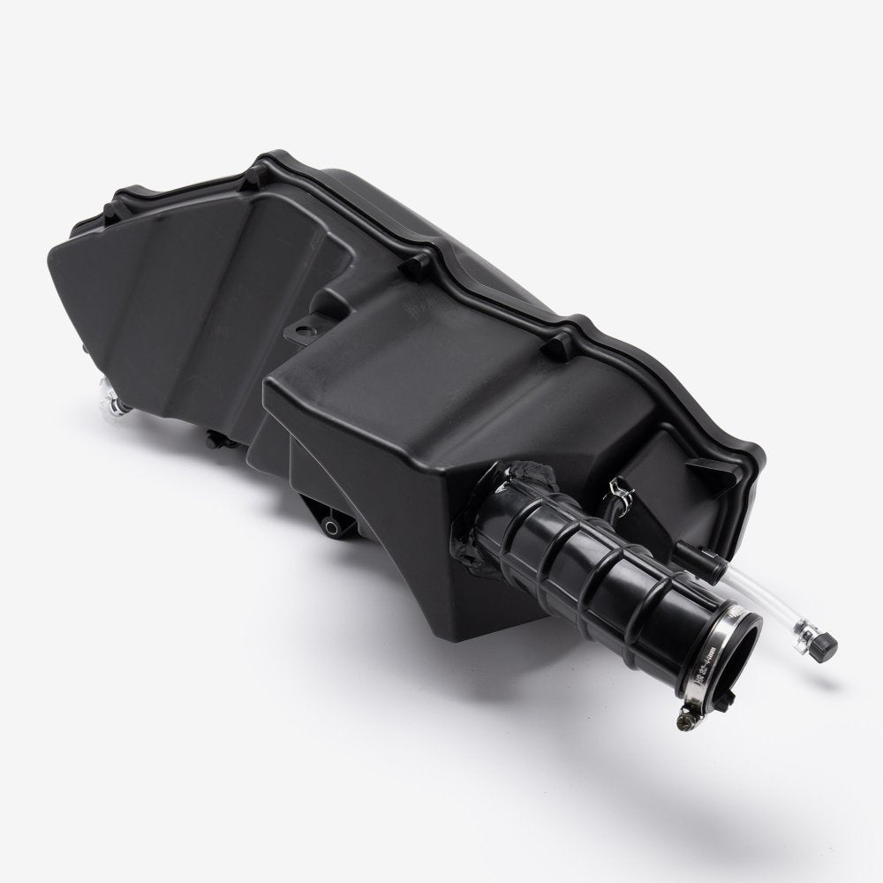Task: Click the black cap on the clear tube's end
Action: click(826, 646)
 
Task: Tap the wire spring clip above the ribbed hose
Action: click(621, 487)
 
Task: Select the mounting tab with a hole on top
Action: click(305, 332)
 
